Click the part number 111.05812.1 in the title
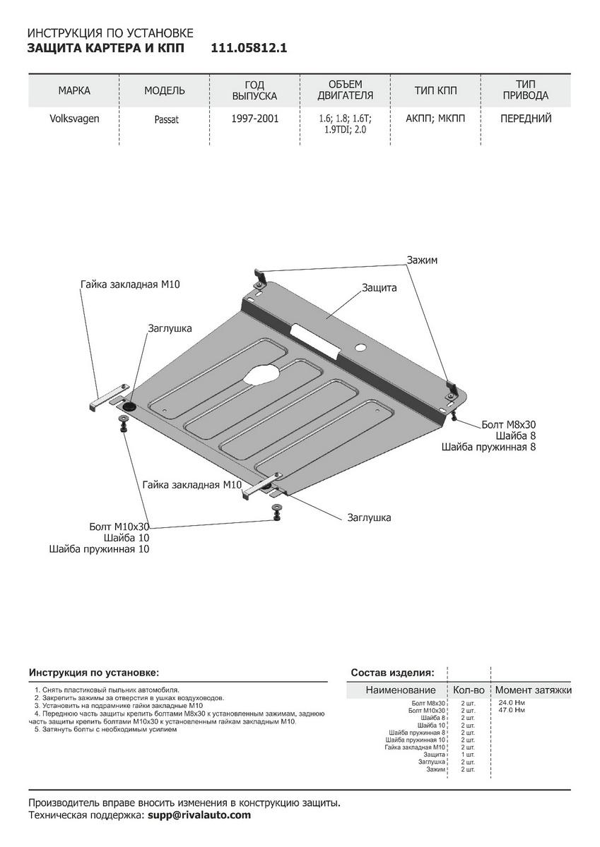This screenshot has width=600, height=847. (249, 48)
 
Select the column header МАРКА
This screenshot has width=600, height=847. (74, 90)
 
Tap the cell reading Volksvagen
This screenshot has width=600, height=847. (74, 119)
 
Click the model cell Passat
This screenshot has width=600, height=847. (166, 119)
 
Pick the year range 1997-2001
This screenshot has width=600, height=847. (254, 119)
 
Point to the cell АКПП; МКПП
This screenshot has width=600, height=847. (436, 119)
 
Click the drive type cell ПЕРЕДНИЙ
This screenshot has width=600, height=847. (526, 119)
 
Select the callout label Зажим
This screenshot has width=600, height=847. (422, 260)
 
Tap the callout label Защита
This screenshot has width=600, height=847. (380, 288)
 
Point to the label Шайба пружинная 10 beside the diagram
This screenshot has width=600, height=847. (99, 548)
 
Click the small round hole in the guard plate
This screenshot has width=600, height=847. (360, 347)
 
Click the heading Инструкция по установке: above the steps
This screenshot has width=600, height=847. (94, 673)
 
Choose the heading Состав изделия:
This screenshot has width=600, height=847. (393, 673)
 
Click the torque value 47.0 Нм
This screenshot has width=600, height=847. (512, 709)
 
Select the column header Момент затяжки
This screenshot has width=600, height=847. (533, 690)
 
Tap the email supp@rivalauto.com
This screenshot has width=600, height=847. (199, 815)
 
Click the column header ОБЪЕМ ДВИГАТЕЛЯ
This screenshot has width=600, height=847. (345, 90)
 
